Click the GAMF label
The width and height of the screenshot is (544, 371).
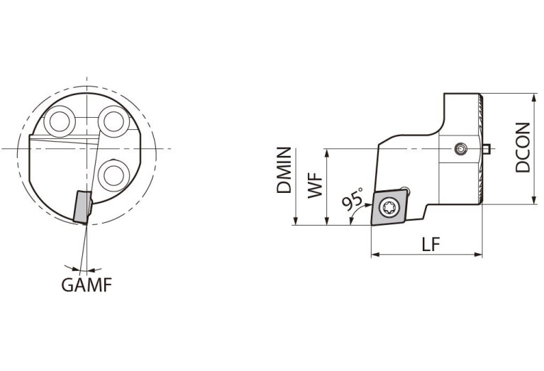[87, 285]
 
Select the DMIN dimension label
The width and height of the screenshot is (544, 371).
[284, 170]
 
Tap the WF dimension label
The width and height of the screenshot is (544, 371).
[316, 187]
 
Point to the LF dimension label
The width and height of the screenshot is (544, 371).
[431, 244]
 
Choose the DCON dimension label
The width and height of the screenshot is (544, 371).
[523, 148]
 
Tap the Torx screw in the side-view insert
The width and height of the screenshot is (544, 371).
[389, 208]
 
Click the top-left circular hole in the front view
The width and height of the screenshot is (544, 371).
[60, 121]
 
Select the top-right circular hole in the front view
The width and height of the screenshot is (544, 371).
[113, 121]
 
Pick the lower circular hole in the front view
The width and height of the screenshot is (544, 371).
[113, 175]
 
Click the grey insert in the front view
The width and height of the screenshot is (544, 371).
[82, 207]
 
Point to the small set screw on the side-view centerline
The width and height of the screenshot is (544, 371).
[461, 150]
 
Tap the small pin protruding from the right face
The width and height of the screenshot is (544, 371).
[486, 149]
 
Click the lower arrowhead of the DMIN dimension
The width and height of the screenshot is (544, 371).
[296, 221]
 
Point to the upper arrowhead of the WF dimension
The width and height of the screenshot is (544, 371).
[326, 153]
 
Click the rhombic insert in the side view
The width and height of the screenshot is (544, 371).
[389, 207]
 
